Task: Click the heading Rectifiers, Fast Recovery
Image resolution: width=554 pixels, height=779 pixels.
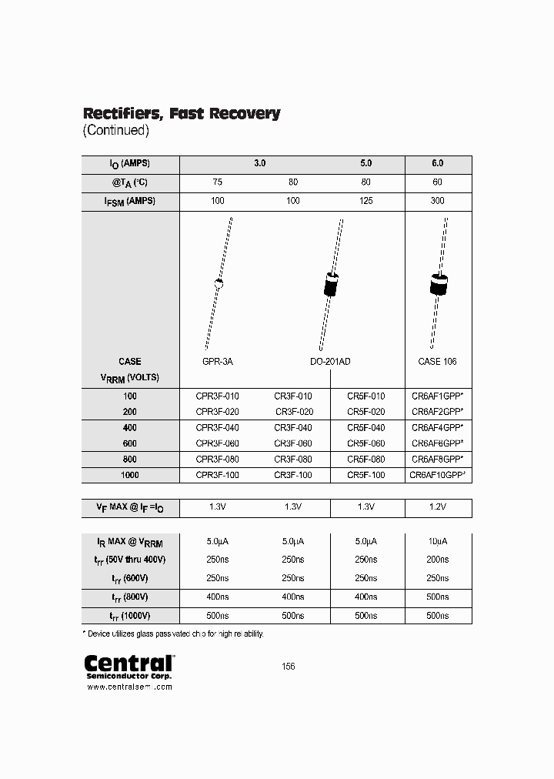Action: tap(182, 114)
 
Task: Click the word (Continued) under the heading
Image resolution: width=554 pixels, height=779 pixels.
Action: tap(115, 131)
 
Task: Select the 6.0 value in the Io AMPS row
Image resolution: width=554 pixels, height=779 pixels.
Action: tap(438, 164)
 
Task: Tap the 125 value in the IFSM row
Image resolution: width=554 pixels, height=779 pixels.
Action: tap(365, 201)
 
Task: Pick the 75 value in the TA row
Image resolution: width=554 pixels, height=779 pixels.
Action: tap(218, 182)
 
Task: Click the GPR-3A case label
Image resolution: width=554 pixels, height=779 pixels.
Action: tap(218, 361)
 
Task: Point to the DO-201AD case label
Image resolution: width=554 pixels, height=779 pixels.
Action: tap(329, 361)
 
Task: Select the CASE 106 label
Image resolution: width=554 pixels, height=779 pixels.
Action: tap(438, 361)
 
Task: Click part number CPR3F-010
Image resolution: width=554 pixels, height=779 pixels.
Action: tap(218, 396)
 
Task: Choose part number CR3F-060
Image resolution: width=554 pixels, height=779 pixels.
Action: tap(293, 443)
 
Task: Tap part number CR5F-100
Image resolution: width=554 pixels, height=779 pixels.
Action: tap(365, 476)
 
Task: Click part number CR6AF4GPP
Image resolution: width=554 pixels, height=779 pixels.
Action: tap(437, 427)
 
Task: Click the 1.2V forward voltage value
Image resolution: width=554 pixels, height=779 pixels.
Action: tap(438, 508)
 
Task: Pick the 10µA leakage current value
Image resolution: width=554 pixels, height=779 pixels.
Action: tap(438, 542)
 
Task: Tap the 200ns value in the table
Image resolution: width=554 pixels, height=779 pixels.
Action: tap(438, 560)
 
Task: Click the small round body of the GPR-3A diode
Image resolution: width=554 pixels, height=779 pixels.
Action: tap(219, 284)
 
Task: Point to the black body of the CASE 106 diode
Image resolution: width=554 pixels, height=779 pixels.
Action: tap(438, 285)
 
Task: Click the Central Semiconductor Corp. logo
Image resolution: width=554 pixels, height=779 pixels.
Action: tap(128, 667)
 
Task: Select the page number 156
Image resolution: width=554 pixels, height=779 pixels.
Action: tap(289, 667)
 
